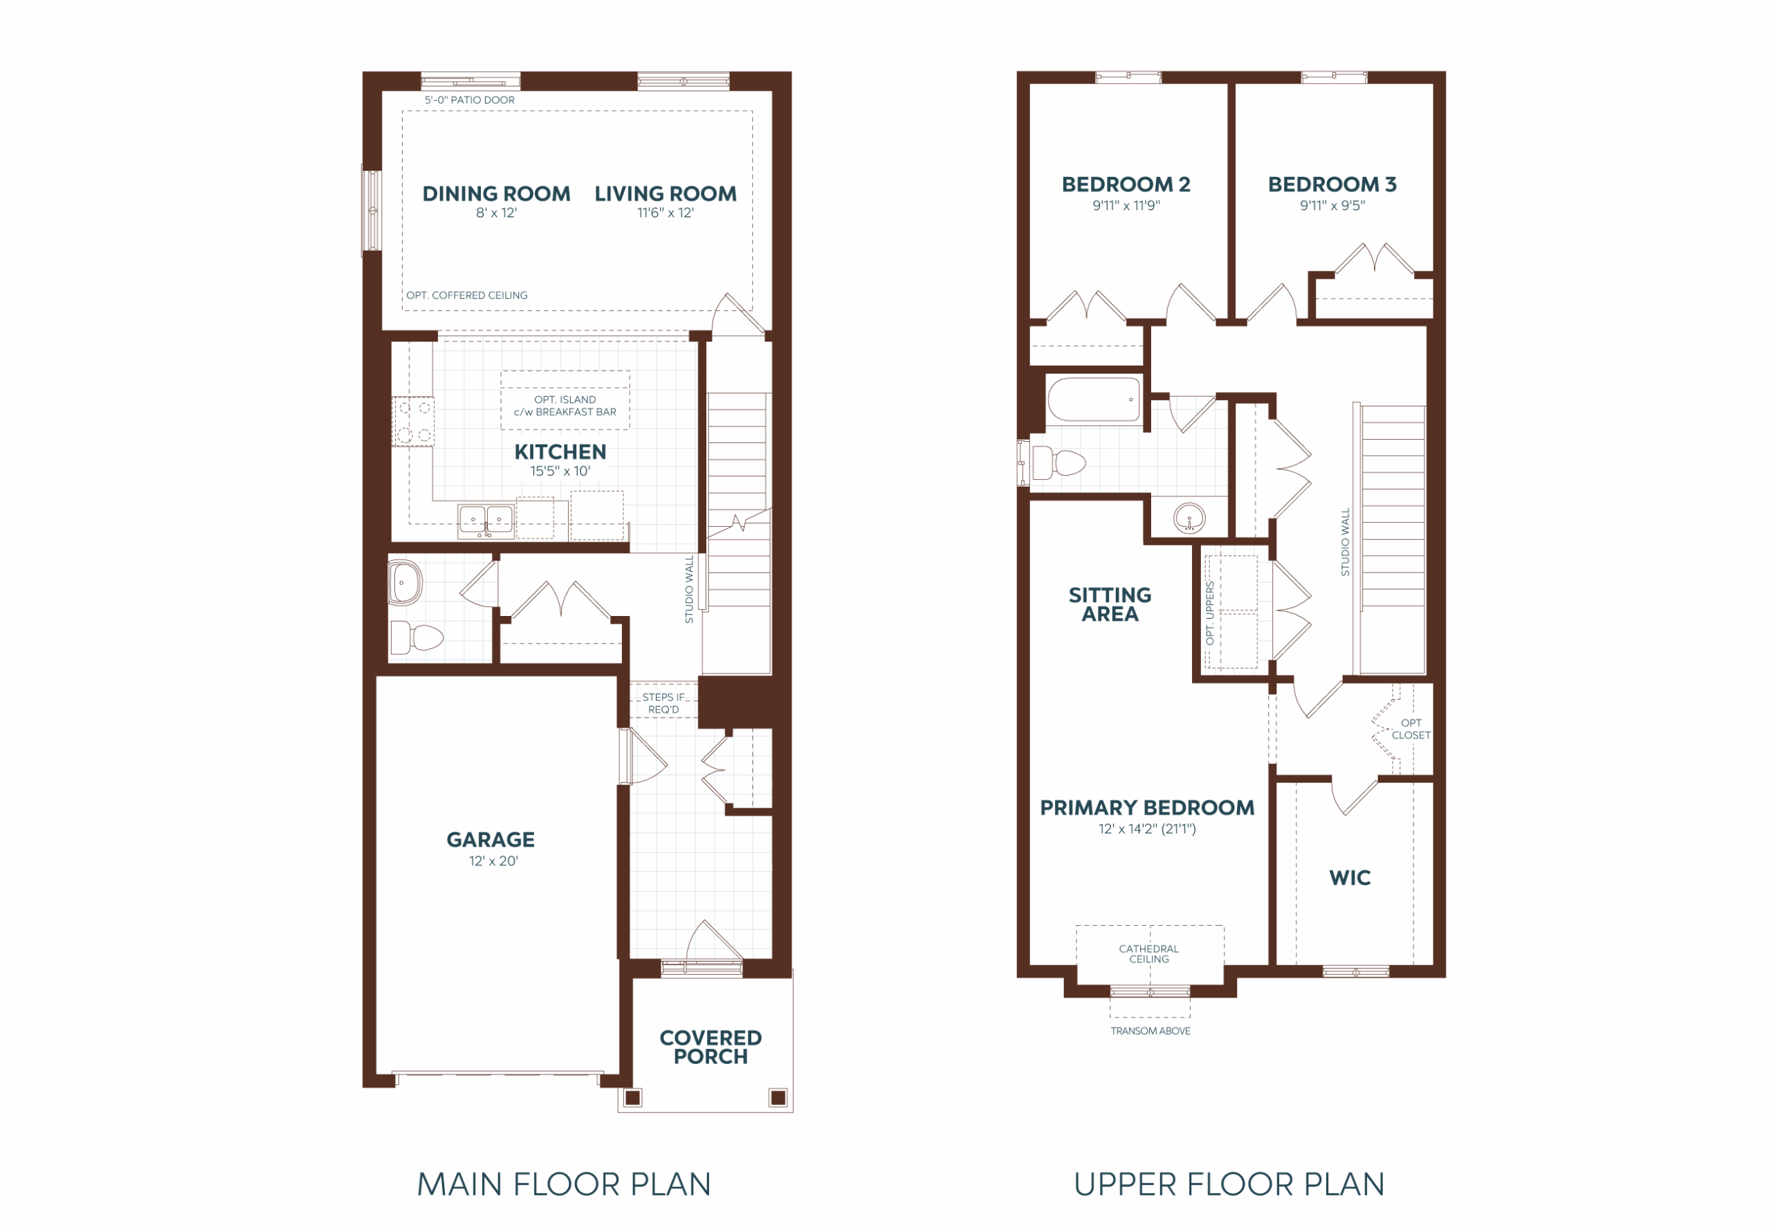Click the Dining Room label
pos(496,194)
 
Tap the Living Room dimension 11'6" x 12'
pos(665,213)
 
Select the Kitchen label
pos(560,451)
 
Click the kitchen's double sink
pos(486,521)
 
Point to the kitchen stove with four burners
pos(414,421)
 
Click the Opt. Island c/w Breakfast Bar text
pos(565,406)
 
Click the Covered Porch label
pos(710,1047)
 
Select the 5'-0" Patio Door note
pos(470,100)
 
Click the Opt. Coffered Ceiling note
pos(467,295)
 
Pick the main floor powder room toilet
pos(416,637)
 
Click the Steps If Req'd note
pos(664,703)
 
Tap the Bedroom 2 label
pos(1126,185)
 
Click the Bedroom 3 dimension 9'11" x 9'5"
pos(1332,206)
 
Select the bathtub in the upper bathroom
pos(1094,400)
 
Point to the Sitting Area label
pos(1110,604)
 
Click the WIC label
pos(1350,877)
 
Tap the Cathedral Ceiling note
pos(1149,953)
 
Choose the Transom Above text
pos(1150,1031)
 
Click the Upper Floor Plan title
pos(1229,1184)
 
